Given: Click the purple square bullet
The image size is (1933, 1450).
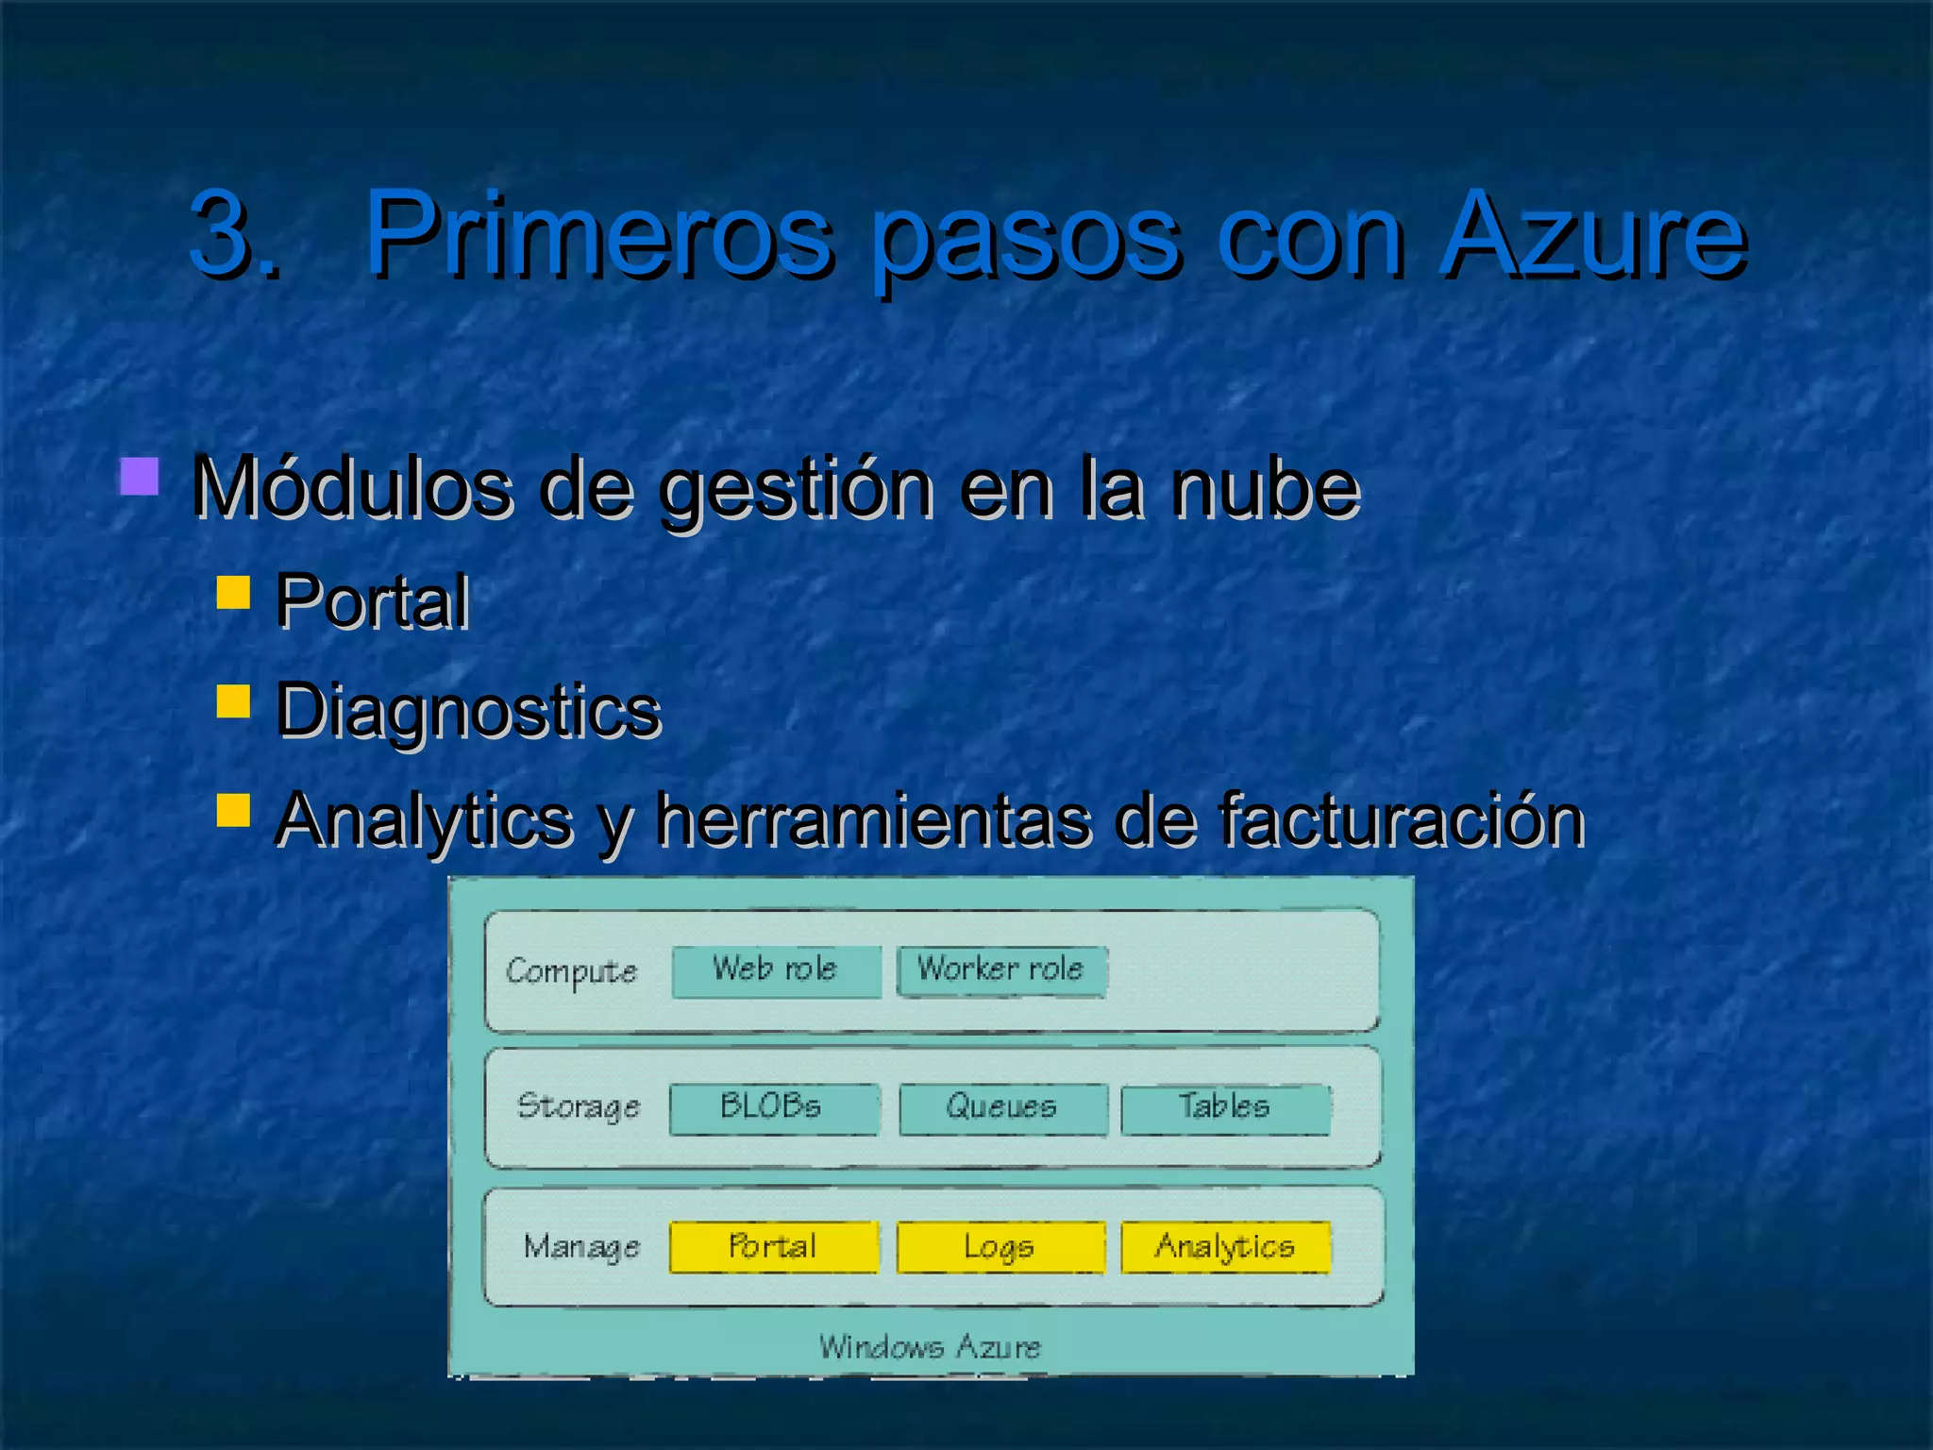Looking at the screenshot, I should [x=139, y=477].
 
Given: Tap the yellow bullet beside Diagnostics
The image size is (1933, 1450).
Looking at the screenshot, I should [x=233, y=701].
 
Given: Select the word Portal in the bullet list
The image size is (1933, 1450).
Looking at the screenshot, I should [x=372, y=601].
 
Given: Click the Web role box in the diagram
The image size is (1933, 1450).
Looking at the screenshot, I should [x=776, y=970].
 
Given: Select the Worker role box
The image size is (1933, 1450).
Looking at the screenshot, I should [x=1001, y=970].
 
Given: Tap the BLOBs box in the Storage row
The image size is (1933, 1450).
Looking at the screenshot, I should [x=774, y=1108].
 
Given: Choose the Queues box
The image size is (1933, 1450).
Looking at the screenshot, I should [x=1002, y=1108].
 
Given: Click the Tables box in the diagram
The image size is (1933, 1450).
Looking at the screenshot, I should [x=1225, y=1108].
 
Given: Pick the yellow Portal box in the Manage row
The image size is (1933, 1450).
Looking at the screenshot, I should [x=774, y=1247].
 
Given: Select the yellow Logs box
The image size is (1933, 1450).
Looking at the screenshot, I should [x=1000, y=1247].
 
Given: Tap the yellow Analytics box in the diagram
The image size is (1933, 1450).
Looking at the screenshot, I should [x=1225, y=1247].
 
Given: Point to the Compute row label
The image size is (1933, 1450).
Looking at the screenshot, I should [x=571, y=971].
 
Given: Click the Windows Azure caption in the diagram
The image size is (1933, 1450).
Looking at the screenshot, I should [x=930, y=1346].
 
